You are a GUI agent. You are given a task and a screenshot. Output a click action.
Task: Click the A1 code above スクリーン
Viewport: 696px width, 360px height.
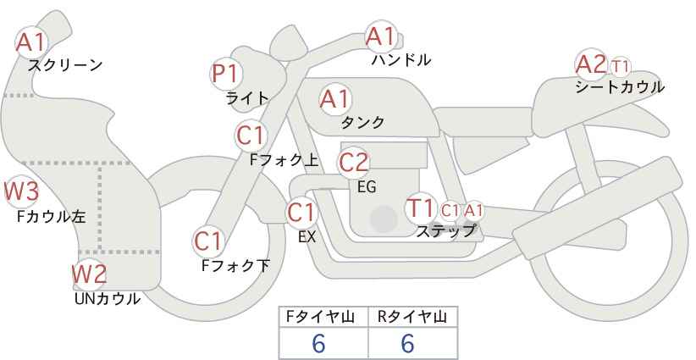pos(32,41)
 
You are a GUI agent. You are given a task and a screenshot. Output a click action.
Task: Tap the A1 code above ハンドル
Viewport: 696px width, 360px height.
pos(380,36)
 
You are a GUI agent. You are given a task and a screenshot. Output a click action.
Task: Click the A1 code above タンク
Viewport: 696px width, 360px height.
pos(334,99)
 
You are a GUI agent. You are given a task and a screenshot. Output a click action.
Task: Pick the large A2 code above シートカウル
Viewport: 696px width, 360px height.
pos(590,64)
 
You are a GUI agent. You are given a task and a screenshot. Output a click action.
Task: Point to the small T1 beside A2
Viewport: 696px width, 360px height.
pos(621,65)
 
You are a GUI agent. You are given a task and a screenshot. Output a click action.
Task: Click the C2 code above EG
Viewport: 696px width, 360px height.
pos(354,161)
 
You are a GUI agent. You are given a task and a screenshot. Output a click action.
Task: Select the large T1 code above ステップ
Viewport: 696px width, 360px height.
pos(421,208)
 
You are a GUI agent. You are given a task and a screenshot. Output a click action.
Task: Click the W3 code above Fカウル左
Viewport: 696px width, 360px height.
pos(21,191)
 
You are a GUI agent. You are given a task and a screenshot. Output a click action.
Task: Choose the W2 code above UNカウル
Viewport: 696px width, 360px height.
pos(88,274)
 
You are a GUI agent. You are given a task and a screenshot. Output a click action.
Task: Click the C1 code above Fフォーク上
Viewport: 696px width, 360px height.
pos(251,135)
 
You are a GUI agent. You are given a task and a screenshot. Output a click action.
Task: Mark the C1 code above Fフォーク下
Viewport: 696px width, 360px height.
pos(208,241)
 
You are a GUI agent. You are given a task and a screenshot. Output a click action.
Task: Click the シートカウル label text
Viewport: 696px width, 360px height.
pos(619,87)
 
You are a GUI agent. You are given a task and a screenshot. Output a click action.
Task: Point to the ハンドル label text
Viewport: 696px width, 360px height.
pos(401,60)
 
